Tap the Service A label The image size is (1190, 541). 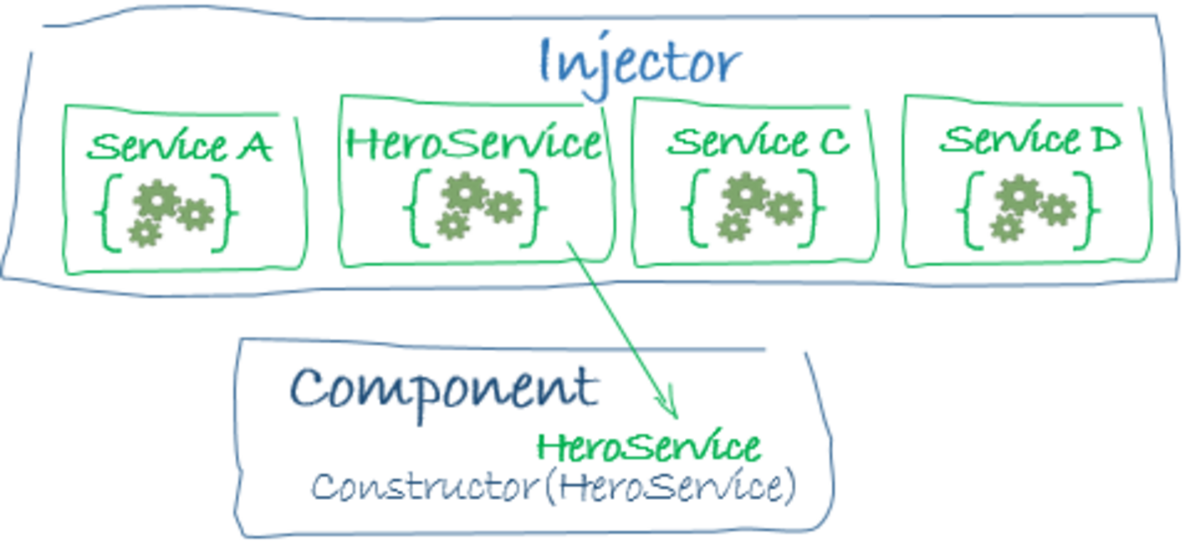179,147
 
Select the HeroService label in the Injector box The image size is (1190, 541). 474,143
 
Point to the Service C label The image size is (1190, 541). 758,141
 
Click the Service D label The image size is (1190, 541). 1029,140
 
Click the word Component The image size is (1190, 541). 444,388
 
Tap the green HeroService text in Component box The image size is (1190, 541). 649,447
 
